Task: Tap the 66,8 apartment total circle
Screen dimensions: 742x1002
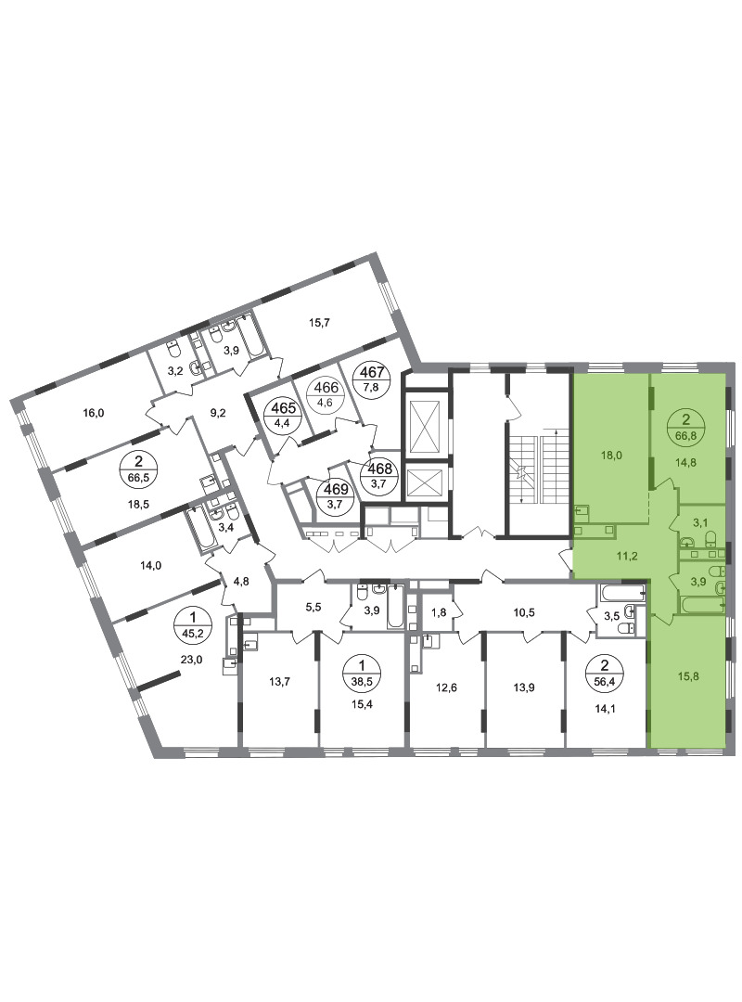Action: point(686,426)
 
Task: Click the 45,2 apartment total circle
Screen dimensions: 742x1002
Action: point(191,624)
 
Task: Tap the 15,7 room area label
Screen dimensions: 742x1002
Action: point(319,323)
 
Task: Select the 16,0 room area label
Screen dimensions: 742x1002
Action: point(94,413)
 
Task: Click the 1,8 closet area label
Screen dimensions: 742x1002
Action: point(440,612)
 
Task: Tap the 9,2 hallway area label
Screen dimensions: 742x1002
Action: point(219,413)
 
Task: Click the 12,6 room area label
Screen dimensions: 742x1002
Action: point(446,687)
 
